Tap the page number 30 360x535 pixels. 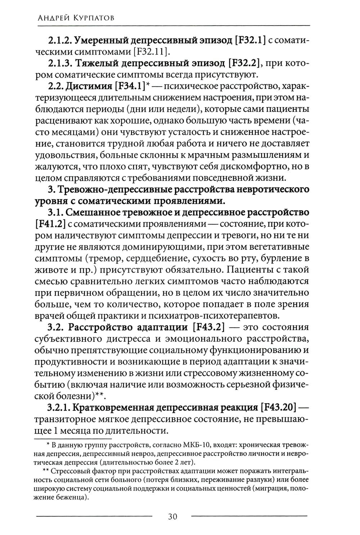coord(172,517)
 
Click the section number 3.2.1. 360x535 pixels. coord(60,408)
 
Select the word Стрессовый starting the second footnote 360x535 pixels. coord(69,471)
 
